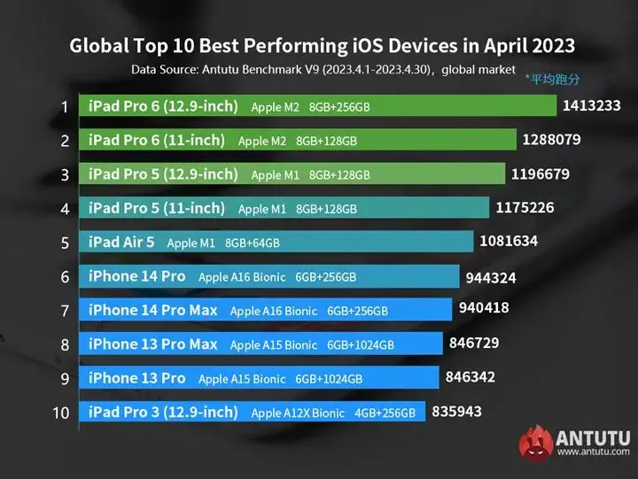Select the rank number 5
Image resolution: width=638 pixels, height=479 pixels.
(65, 242)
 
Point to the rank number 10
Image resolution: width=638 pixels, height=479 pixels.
(60, 413)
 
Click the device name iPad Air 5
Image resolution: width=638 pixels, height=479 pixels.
(121, 242)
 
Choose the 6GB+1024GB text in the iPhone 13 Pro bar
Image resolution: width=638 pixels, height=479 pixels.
(329, 379)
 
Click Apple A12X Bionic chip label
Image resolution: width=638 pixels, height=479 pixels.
(299, 413)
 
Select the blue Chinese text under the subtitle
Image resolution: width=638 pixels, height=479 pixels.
(552, 79)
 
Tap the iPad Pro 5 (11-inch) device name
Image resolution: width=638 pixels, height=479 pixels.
(157, 208)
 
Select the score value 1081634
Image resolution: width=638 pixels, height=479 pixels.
(509, 241)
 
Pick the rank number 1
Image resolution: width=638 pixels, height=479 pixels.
(65, 107)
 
